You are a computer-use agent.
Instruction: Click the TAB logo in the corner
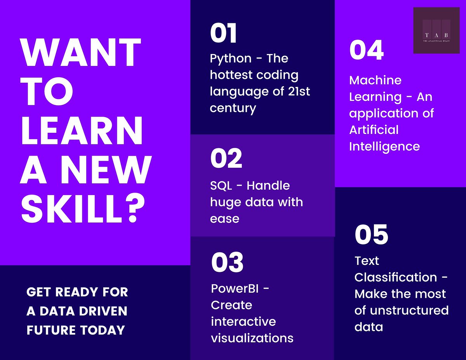[436, 30]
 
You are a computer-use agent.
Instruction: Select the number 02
[226, 158]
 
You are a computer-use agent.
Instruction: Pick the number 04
[366, 50]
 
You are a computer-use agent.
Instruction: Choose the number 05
[371, 234]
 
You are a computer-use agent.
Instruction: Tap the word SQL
[221, 186]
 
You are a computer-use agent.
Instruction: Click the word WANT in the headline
[81, 52]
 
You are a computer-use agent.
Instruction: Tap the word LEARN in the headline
[82, 130]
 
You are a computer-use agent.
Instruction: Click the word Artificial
[374, 130]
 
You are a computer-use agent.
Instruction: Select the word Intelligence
[384, 146]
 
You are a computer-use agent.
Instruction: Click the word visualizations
[252, 338]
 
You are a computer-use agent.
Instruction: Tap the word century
[233, 108]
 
